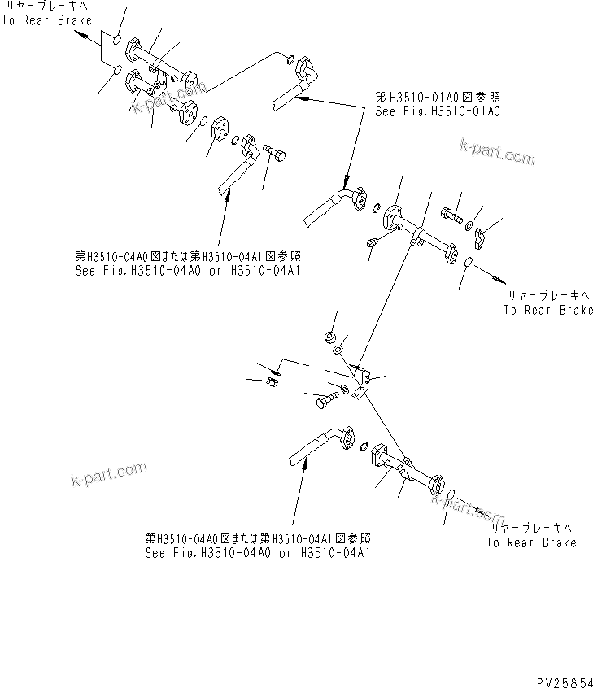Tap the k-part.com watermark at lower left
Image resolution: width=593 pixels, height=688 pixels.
pyautogui.click(x=109, y=472)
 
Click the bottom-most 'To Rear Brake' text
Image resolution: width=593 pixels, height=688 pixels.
pyautogui.click(x=531, y=542)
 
